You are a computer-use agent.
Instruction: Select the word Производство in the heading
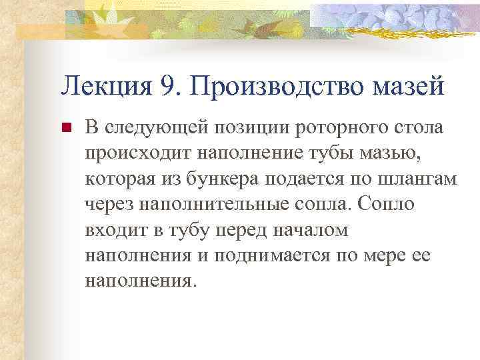point(277,86)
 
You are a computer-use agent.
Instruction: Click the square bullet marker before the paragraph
point(65,127)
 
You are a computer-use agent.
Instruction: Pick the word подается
point(313,178)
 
